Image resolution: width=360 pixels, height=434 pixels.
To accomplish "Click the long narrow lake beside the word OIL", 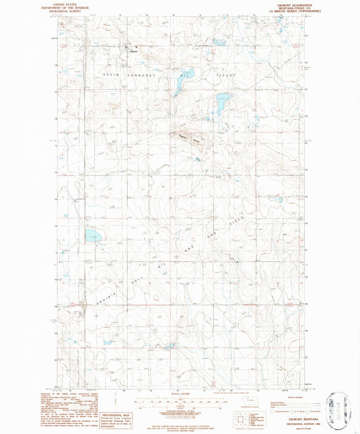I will [x=182, y=80].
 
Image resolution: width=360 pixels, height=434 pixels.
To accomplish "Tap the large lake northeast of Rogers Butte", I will [x=220, y=104].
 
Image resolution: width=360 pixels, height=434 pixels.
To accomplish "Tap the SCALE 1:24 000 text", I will [x=180, y=394].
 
